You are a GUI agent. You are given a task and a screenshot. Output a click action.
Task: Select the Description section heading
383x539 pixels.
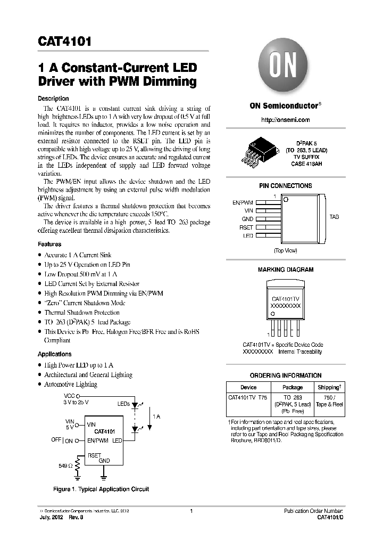tap(53, 99)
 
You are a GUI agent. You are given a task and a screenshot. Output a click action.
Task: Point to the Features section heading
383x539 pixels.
tap(49, 244)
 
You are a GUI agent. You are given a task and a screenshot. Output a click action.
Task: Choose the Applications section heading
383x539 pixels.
tap(54, 354)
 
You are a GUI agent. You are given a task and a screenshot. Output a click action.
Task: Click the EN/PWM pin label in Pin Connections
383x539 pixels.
tap(243, 202)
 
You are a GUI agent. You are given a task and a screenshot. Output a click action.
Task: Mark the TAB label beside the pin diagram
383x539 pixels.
tap(334, 217)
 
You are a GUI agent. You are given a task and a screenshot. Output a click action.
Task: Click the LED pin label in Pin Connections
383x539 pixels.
tap(248, 235)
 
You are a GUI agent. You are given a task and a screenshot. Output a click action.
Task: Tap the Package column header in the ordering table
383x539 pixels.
tap(293, 387)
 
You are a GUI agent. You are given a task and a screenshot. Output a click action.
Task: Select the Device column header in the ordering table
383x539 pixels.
tap(248, 387)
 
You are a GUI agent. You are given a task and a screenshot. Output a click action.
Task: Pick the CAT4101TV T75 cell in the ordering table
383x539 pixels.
tap(248, 397)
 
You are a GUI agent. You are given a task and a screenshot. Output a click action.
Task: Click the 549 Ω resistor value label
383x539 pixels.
tap(65, 466)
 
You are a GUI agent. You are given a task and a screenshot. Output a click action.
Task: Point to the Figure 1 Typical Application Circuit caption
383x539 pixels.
tap(101, 489)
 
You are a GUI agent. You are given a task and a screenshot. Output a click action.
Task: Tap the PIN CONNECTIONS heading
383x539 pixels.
tap(285, 186)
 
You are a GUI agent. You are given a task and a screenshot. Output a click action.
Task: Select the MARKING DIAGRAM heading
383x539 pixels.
tap(285, 270)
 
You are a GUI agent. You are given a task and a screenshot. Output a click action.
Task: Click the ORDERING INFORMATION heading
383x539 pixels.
tap(285, 375)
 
